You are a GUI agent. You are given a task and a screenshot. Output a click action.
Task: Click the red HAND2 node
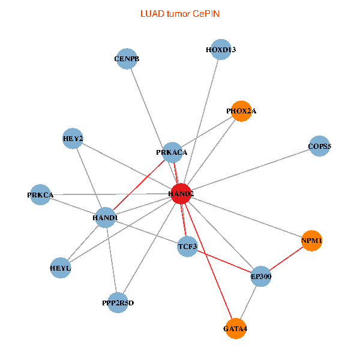tap(181, 194)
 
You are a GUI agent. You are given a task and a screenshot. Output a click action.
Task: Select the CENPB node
tap(127, 59)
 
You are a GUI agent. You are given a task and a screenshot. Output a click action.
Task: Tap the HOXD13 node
tap(221, 50)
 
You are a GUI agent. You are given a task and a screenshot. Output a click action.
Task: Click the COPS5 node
tap(320, 146)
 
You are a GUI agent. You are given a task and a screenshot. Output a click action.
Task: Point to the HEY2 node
tap(73, 139)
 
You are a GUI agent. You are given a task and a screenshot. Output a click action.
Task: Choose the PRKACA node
tap(172, 152)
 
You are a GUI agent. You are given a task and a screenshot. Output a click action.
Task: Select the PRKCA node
tap(40, 195)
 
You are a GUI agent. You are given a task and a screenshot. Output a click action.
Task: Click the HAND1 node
tap(105, 217)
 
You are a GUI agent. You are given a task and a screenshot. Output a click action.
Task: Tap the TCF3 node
tap(188, 246)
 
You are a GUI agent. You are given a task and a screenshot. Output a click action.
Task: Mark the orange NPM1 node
tap(312, 241)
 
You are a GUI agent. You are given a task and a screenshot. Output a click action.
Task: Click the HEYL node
tap(60, 268)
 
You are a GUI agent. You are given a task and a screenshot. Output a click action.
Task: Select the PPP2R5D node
tap(118, 303)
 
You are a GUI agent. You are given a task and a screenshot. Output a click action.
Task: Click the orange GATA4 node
tap(236, 329)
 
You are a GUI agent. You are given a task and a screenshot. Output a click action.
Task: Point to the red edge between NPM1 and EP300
tap(287, 259)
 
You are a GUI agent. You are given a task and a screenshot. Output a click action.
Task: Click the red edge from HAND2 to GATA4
tap(209, 262)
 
